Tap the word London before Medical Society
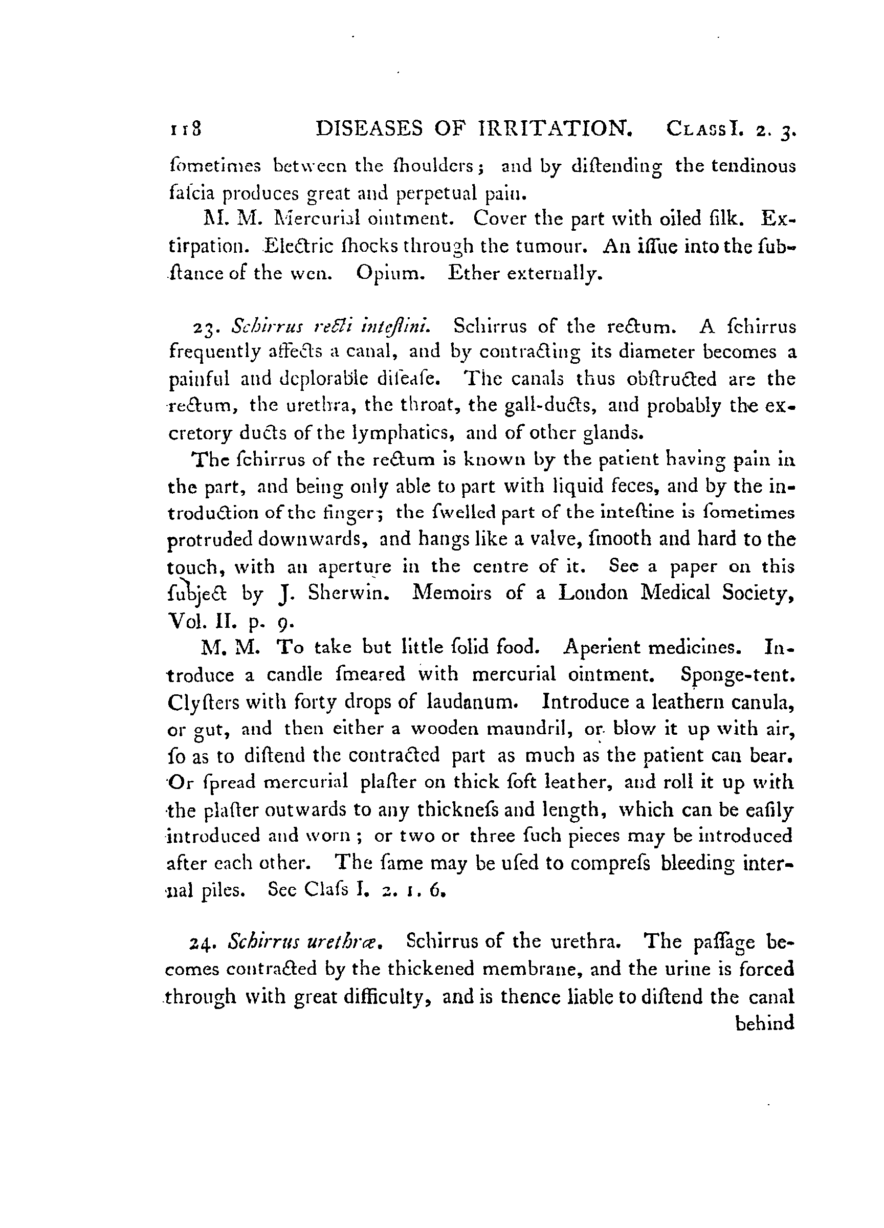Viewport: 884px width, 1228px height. pos(593,593)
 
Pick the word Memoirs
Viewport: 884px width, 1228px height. pos(452,593)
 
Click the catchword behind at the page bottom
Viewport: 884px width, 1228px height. pos(764,1024)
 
